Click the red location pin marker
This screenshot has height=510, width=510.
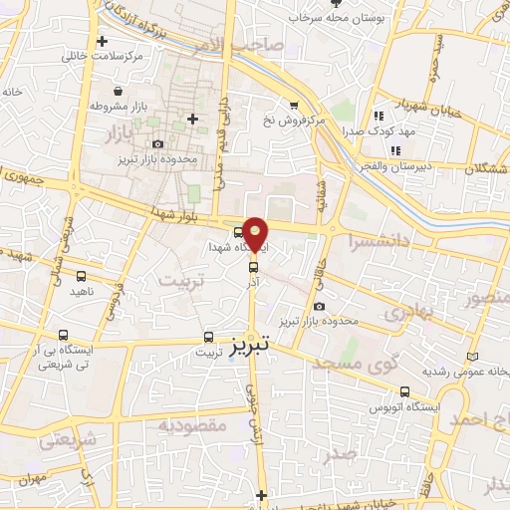click(256, 233)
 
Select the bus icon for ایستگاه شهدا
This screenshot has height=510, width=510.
click(237, 233)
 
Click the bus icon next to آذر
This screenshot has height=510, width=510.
click(252, 266)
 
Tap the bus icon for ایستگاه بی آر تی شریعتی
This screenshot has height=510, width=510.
click(65, 336)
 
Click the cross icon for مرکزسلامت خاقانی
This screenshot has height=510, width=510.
click(103, 41)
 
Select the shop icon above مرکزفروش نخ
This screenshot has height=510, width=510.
click(293, 105)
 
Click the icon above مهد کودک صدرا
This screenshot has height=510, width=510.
click(378, 116)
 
